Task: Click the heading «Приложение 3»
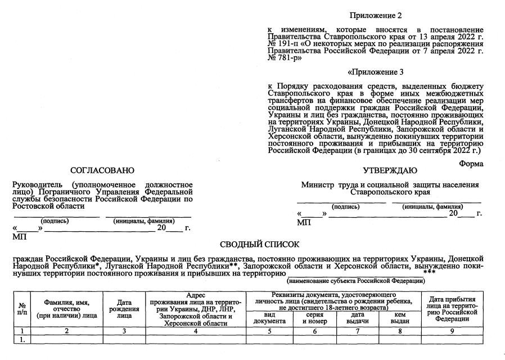coord(376,72)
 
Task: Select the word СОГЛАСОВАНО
coord(102,170)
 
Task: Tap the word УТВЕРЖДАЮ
coord(390,170)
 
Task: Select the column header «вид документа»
coord(269,318)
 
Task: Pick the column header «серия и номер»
coord(314,318)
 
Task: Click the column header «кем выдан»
coord(400,318)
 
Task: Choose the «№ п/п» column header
coord(22,308)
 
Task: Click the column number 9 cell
coord(452,331)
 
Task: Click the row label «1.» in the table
coord(22,339)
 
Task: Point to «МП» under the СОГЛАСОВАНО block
coord(19,237)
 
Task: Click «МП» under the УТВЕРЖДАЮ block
coord(304,223)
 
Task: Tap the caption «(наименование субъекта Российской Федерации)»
coord(355,280)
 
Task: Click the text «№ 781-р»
coord(285,57)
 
